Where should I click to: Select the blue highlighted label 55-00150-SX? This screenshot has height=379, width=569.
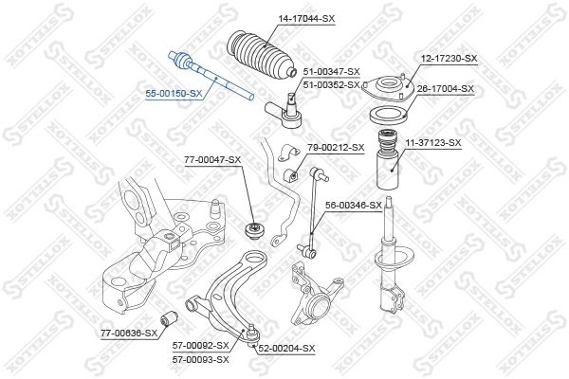point(174,93)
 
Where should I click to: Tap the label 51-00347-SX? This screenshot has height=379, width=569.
point(331,72)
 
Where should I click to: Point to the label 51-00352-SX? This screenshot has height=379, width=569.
point(331,84)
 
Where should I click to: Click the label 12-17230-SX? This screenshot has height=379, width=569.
point(449,59)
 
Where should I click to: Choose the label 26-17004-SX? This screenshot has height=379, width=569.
point(446,89)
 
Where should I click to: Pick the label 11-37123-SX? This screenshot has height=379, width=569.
point(433,143)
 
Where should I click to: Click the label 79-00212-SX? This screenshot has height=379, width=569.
point(336,147)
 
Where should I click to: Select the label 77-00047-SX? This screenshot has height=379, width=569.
point(212,160)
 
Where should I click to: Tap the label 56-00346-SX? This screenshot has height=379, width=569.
point(354,205)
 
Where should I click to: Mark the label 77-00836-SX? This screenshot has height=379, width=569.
point(129,333)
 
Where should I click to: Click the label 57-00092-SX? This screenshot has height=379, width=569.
point(201,347)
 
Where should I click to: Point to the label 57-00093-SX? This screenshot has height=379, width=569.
point(201,359)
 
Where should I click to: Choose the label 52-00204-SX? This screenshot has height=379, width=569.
point(286,348)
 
